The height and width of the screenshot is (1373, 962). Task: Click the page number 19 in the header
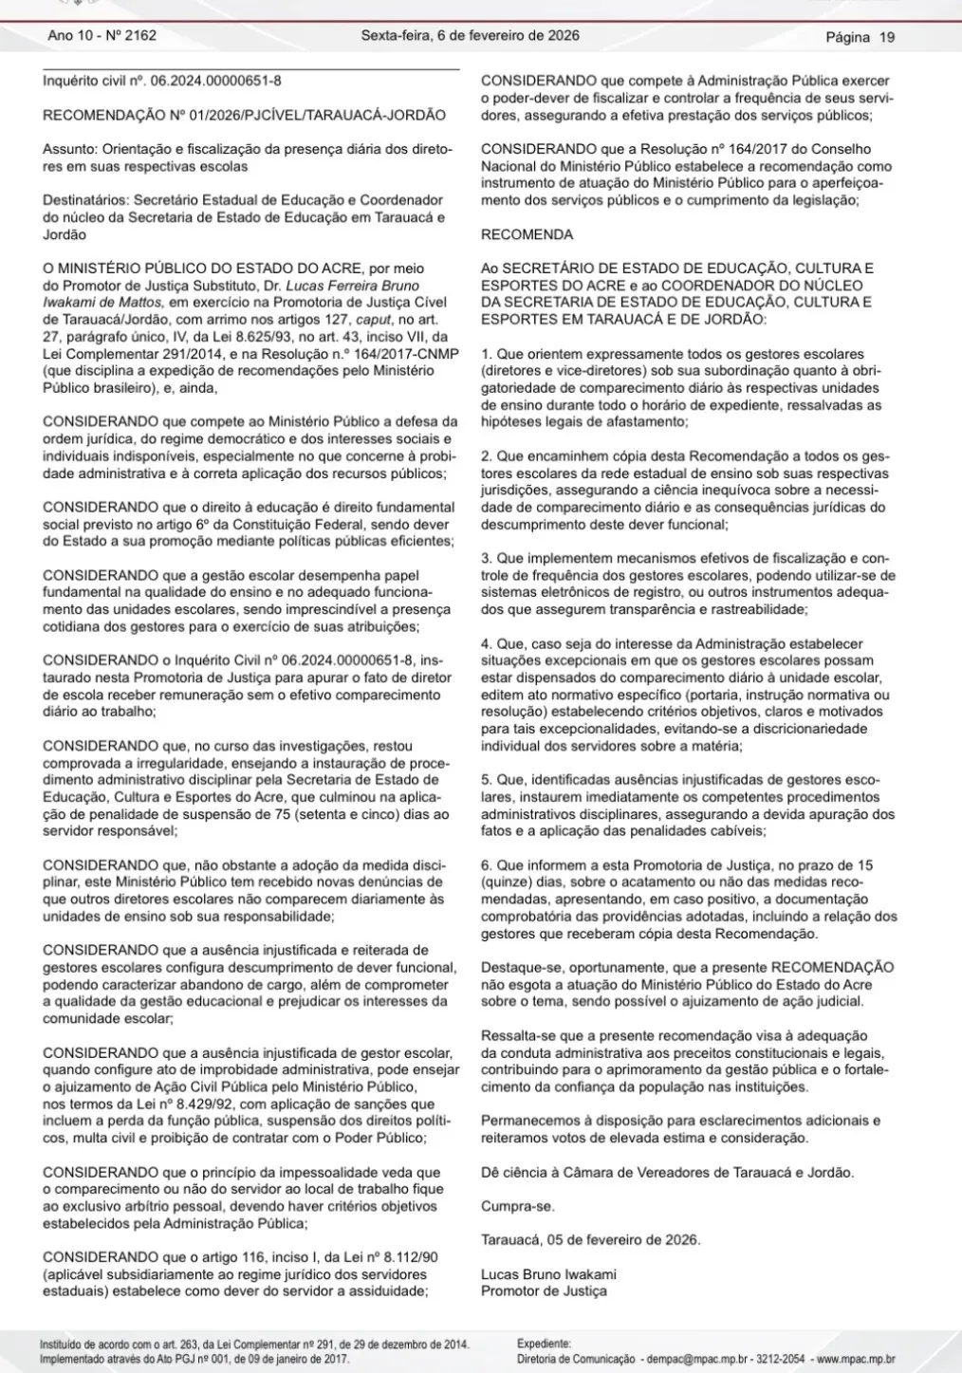(x=886, y=37)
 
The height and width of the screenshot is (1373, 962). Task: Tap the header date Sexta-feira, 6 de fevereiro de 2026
(x=470, y=36)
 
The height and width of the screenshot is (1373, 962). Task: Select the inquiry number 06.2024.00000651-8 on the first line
(x=211, y=81)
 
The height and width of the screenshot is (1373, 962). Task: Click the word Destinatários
(x=83, y=200)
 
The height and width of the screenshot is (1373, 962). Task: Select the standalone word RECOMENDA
(x=527, y=233)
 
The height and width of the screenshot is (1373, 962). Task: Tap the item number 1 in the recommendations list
(x=485, y=354)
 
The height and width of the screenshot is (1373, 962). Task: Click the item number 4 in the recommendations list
(x=486, y=643)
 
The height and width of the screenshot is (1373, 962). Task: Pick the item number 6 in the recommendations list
(x=486, y=865)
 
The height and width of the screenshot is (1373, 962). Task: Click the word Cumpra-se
(x=517, y=1206)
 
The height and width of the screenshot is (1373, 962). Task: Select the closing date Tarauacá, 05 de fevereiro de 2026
(x=589, y=1240)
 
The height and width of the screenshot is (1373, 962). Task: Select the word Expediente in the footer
(x=544, y=1344)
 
